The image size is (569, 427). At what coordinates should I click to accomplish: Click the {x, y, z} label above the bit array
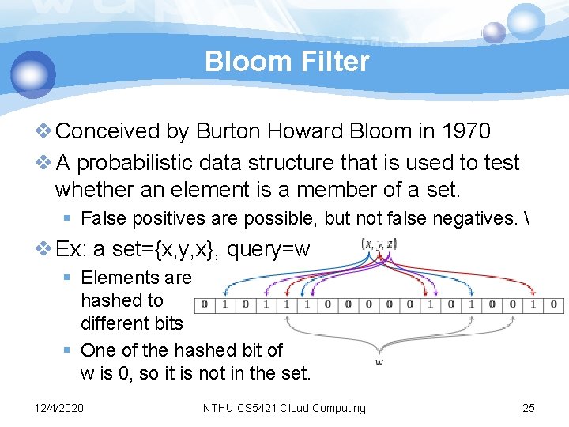click(x=379, y=244)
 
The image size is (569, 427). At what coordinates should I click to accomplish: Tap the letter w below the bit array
click(x=379, y=361)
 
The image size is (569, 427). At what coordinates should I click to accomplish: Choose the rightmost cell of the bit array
click(x=553, y=304)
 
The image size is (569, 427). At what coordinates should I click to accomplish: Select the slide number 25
click(x=529, y=408)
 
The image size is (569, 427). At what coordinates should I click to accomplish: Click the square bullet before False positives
click(x=70, y=218)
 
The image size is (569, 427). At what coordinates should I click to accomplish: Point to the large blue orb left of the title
click(x=33, y=74)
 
